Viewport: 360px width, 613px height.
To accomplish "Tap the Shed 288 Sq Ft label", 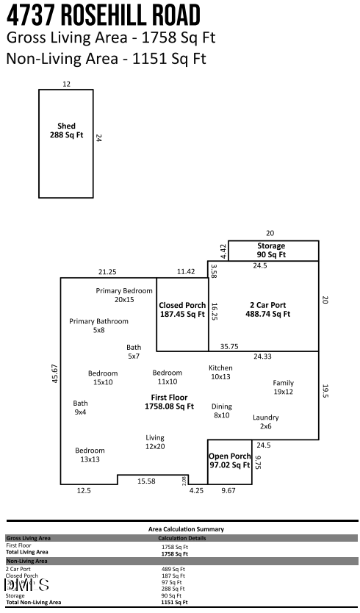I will [x=67, y=130].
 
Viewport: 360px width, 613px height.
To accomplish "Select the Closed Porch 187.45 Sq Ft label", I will [x=182, y=309].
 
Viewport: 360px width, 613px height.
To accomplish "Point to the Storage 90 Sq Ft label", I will [x=271, y=250].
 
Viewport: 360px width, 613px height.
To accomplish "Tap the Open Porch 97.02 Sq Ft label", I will [x=229, y=460].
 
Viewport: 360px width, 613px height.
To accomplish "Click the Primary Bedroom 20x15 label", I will [x=124, y=295].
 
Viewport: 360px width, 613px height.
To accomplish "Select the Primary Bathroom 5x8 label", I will [x=99, y=326].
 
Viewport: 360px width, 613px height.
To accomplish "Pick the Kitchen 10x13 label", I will [x=220, y=372].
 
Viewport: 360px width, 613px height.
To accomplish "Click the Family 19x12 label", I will [x=283, y=387].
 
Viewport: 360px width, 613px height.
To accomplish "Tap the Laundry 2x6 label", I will [x=265, y=421].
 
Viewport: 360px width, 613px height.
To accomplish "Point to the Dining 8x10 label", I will [x=221, y=411].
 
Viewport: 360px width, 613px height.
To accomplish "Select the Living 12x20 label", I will [x=155, y=442].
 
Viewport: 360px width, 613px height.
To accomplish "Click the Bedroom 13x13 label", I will [x=90, y=454].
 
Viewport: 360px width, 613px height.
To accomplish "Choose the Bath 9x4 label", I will [x=80, y=407].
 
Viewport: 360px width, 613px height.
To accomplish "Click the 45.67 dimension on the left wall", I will [x=54, y=373].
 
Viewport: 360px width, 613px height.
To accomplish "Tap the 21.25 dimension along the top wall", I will [x=107, y=272].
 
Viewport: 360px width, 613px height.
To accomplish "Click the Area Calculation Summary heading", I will [x=185, y=528].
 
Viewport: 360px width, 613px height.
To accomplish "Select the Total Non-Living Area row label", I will [x=33, y=602].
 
